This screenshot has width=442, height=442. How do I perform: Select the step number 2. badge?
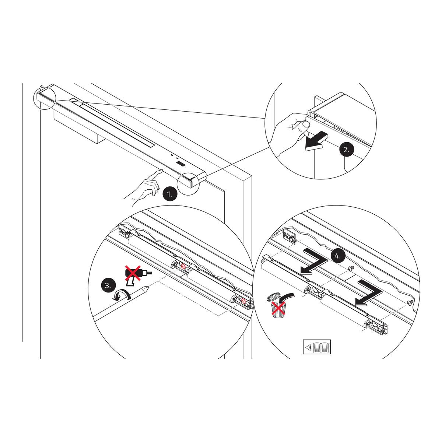pyautogui.click(x=347, y=150)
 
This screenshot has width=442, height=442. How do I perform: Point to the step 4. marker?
pyautogui.click(x=338, y=256)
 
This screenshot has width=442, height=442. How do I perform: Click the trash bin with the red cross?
pyautogui.click(x=278, y=309)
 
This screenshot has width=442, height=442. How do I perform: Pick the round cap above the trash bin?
pyautogui.click(x=273, y=297)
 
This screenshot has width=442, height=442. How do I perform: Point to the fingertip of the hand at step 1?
pyautogui.click(x=162, y=170)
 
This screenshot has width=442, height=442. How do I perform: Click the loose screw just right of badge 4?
pyautogui.click(x=350, y=268)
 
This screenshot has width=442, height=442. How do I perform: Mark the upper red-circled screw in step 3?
pyautogui.click(x=183, y=266)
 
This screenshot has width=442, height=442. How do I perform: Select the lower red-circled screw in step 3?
pyautogui.click(x=243, y=301)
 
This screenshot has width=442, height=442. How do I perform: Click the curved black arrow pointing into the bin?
pyautogui.click(x=287, y=298)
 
